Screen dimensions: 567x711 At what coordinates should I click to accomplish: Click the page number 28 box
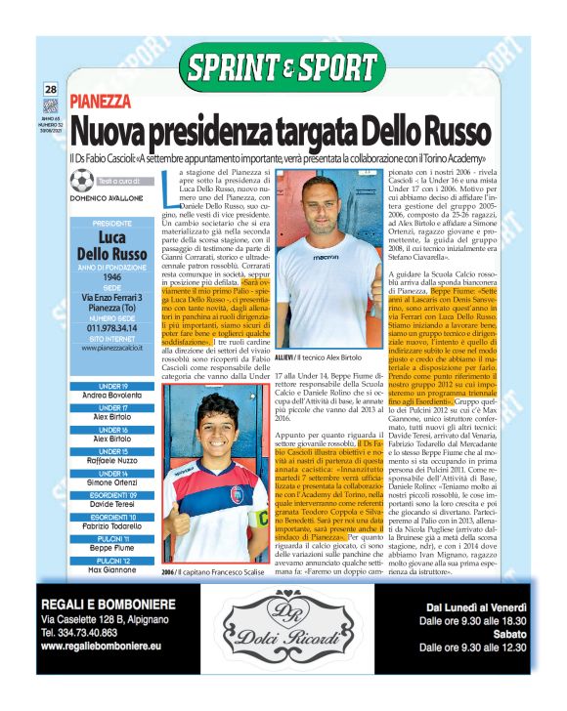pyautogui.click(x=50, y=91)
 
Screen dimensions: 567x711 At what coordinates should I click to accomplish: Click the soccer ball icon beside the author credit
pyautogui.click(x=83, y=183)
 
